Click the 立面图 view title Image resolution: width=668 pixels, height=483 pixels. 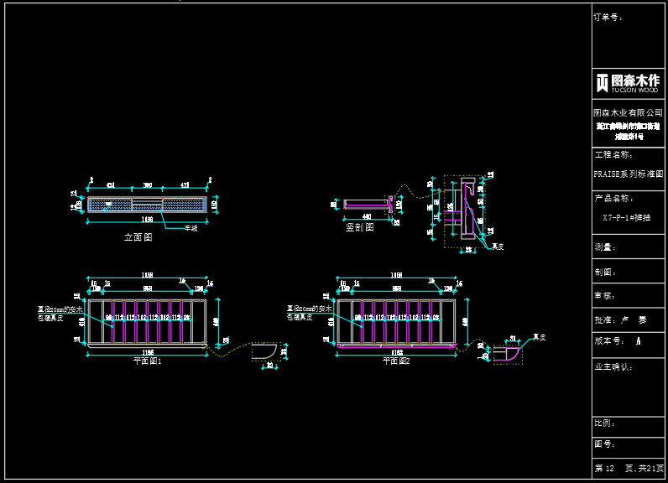tap(138, 237)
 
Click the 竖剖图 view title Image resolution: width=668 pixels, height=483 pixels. tap(360, 227)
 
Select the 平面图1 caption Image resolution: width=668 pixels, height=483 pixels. tap(147, 361)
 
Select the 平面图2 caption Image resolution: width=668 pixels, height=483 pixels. tap(396, 361)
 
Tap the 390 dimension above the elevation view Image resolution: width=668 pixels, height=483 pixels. tap(147, 184)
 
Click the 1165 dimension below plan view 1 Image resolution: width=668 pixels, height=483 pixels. tap(147, 351)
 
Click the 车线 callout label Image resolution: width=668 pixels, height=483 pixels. tap(191, 227)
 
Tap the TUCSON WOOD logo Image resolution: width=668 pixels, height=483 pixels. tap(628, 83)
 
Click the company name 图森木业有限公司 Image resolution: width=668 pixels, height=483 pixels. tap(628, 112)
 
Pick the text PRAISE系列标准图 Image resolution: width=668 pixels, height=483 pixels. tap(628, 174)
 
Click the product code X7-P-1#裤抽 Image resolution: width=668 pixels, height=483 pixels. tap(628, 217)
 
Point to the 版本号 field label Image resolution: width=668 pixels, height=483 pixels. tap(607, 341)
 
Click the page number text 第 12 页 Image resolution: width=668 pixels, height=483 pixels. tap(606, 468)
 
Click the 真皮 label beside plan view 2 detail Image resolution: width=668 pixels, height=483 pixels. tap(540, 337)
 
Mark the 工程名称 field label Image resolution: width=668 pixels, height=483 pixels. tap(612, 155)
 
